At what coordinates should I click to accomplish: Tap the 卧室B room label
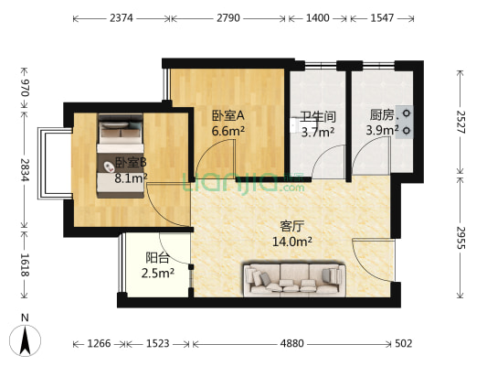point(132,165)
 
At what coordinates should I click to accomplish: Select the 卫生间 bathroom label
point(317,117)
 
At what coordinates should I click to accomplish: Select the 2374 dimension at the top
point(121,18)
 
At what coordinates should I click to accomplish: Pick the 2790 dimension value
point(229,18)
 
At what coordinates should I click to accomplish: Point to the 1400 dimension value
point(317,18)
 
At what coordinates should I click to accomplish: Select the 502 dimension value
point(405,344)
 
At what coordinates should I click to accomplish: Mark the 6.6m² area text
point(226,132)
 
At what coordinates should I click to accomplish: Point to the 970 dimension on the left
point(26,88)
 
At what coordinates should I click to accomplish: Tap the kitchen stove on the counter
point(406,121)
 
